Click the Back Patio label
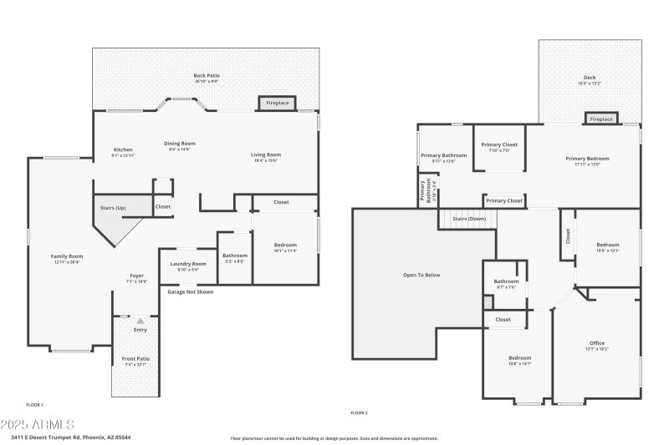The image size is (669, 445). pos(206,76)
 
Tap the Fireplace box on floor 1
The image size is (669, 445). pos(277,104)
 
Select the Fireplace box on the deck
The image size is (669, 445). pos(600,119)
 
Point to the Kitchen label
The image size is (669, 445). pos(123,150)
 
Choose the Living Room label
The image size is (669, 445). pos(265,154)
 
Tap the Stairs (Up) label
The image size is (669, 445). pos(114,207)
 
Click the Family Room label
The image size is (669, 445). pos(67,256)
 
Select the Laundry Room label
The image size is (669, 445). pos(187,264)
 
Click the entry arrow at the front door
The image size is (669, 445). pos(140,321)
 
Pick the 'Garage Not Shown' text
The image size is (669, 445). pos(190,292)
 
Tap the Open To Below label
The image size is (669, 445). pos(421,275)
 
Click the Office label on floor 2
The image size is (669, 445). pos(596,343)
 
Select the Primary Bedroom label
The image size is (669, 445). pos(587,159)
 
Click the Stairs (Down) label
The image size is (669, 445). pos(469,219)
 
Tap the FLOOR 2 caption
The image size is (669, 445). pos(359,412)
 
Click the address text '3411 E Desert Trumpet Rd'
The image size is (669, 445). pos(50,437)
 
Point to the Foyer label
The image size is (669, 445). pos(136,276)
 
